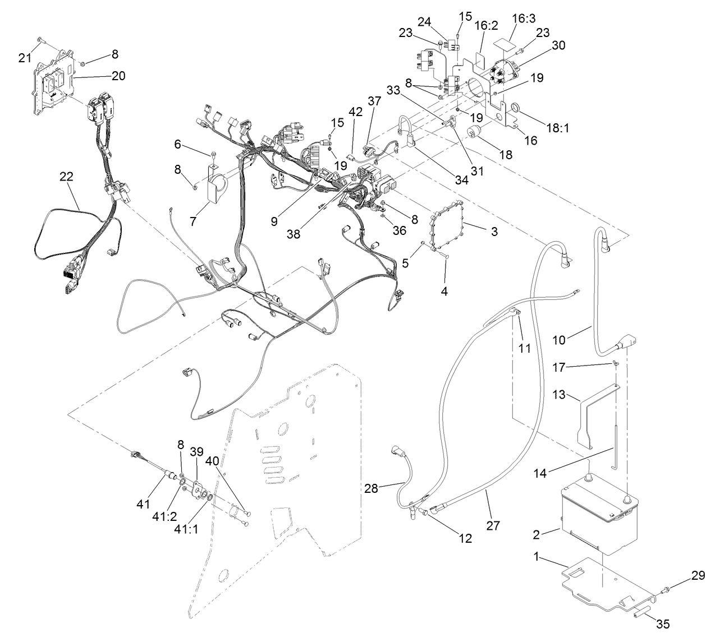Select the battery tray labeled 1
pos(606,583)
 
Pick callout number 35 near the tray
pos(663,623)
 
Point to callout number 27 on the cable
pos(494,525)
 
